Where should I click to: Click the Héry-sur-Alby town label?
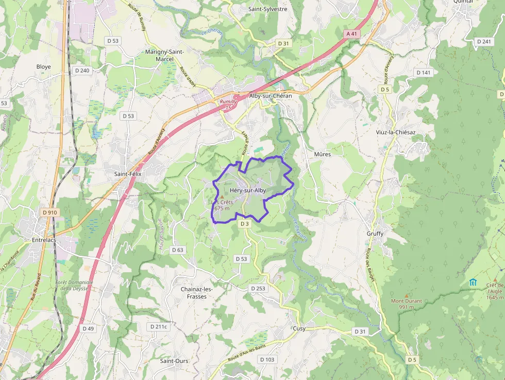(248, 191)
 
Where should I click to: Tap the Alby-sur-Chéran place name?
(270, 96)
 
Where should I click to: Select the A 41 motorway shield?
(351, 34)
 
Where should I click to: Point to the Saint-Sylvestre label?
(268, 9)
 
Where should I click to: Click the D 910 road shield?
(50, 212)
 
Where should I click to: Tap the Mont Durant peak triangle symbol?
(407, 295)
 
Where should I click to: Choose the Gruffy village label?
(375, 234)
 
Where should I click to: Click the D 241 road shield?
(484, 42)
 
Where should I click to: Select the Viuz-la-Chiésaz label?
(396, 133)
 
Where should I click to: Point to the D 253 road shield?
(258, 288)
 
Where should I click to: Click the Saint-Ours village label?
(174, 361)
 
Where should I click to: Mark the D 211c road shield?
(158, 326)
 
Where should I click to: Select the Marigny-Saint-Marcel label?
(164, 55)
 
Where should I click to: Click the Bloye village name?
(44, 67)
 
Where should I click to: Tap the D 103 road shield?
(267, 359)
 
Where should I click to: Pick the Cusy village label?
(299, 328)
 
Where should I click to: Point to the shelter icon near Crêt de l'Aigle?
(473, 282)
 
